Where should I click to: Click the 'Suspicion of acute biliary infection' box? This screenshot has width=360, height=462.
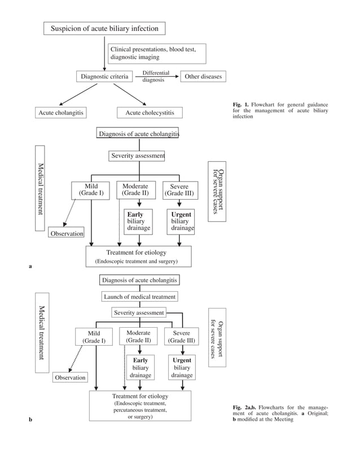pos(105,28)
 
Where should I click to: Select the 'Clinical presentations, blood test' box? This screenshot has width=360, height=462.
pos(157,53)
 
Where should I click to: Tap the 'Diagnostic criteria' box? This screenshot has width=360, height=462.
pos(105,76)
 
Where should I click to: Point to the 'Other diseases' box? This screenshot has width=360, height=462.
pos(203,76)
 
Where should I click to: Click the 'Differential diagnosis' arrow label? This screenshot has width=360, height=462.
pos(156,76)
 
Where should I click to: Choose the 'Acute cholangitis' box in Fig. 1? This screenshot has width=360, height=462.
pos(61,113)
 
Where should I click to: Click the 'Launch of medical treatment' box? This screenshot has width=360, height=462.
pos(140,296)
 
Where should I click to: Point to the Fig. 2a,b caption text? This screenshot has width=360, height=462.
pos(280,413)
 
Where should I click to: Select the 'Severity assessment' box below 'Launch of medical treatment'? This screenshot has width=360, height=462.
pos(139,313)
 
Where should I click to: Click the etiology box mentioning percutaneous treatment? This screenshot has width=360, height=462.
pos(140,409)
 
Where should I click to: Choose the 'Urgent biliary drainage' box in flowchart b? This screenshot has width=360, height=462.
pos(182,368)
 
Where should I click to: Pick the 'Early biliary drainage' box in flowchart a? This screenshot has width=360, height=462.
pos(139,222)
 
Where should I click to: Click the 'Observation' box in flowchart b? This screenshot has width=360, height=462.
pos(71,377)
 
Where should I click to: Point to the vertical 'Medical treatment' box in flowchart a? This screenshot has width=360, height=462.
pos(40,188)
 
